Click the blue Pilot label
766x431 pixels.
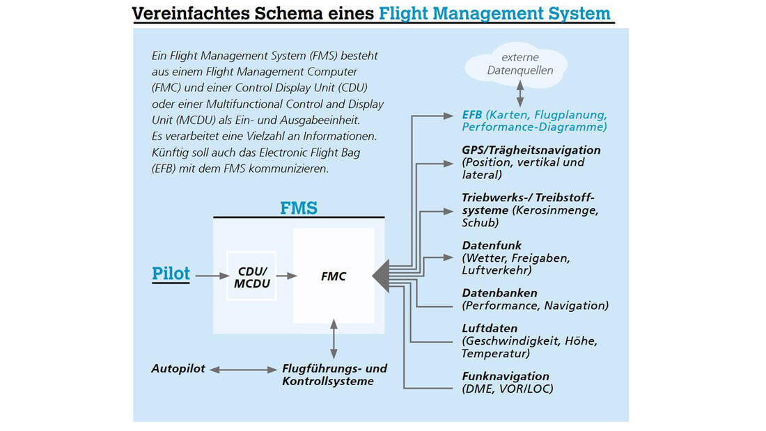tap(171, 274)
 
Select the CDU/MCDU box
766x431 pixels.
tap(251, 276)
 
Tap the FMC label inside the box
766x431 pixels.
tap(334, 276)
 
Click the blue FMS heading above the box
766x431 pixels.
tap(299, 208)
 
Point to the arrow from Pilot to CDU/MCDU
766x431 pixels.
tap(212, 276)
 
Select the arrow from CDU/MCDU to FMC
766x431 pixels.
tap(287, 276)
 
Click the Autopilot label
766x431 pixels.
tap(178, 368)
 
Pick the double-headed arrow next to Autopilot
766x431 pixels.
tap(243, 370)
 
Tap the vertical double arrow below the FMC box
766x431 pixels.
tap(334, 339)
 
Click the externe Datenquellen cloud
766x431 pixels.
tap(517, 65)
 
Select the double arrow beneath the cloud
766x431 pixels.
tap(520, 94)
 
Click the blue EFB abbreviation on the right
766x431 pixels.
tap(472, 115)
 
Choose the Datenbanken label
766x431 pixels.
tap(499, 292)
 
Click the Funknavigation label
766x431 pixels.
tap(506, 376)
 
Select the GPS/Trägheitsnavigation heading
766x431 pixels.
tap(531, 150)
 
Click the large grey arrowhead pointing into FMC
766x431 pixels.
tap(381, 276)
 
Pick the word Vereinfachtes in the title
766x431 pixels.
tap(191, 13)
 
